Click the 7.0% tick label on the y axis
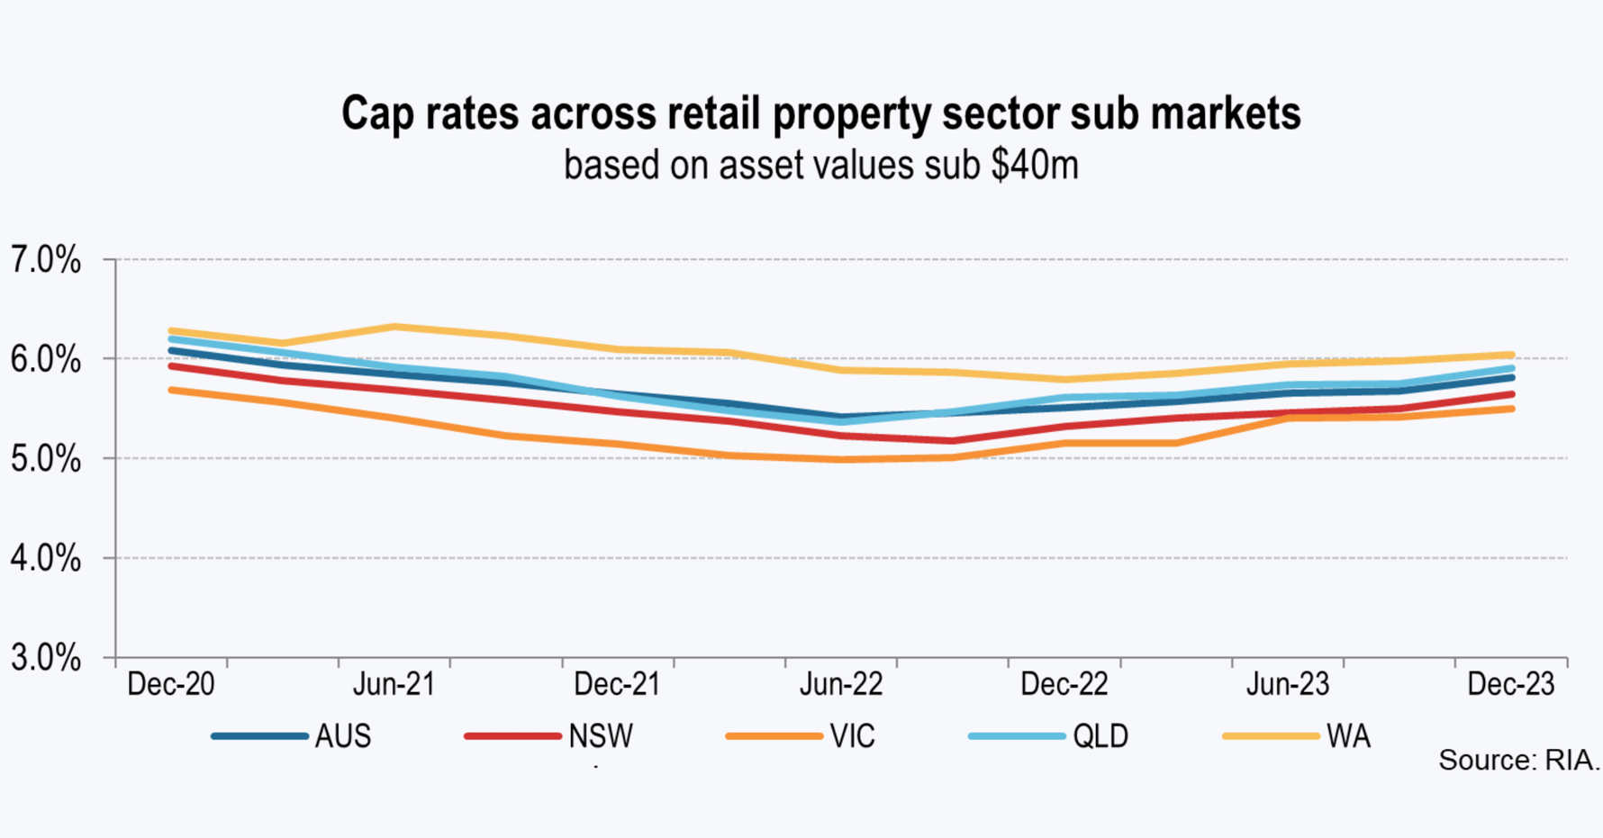coord(45,261)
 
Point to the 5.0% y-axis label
coord(45,460)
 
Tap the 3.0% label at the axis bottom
coord(45,658)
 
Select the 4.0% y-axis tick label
coord(45,559)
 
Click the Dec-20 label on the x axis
coord(171,684)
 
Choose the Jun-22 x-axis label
coord(841,684)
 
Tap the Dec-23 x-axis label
coord(1510,684)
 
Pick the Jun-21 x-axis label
coord(394,684)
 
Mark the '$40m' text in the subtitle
coord(1034,166)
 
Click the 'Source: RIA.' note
coord(1518,761)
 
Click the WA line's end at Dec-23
coord(1511,356)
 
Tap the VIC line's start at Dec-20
coord(171,390)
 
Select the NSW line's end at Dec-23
coord(1511,394)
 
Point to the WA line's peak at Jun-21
coord(394,326)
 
